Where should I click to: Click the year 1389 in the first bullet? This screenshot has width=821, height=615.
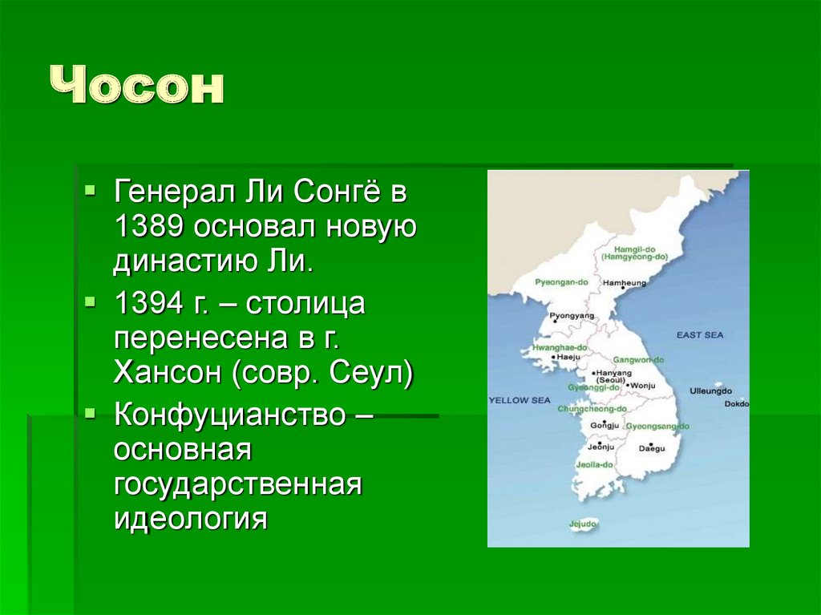click(x=152, y=226)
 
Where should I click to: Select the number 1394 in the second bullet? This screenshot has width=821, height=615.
click(x=152, y=305)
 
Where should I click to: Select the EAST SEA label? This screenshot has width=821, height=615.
click(x=699, y=334)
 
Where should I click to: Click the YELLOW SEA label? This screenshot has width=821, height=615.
click(x=520, y=399)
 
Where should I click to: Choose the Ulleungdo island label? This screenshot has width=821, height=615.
click(x=710, y=390)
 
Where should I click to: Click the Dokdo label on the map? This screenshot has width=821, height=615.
click(x=736, y=404)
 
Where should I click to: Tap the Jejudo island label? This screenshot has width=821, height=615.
click(x=583, y=524)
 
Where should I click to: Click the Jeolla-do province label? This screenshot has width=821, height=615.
click(x=596, y=464)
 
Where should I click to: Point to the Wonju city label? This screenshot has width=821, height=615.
click(x=643, y=386)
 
